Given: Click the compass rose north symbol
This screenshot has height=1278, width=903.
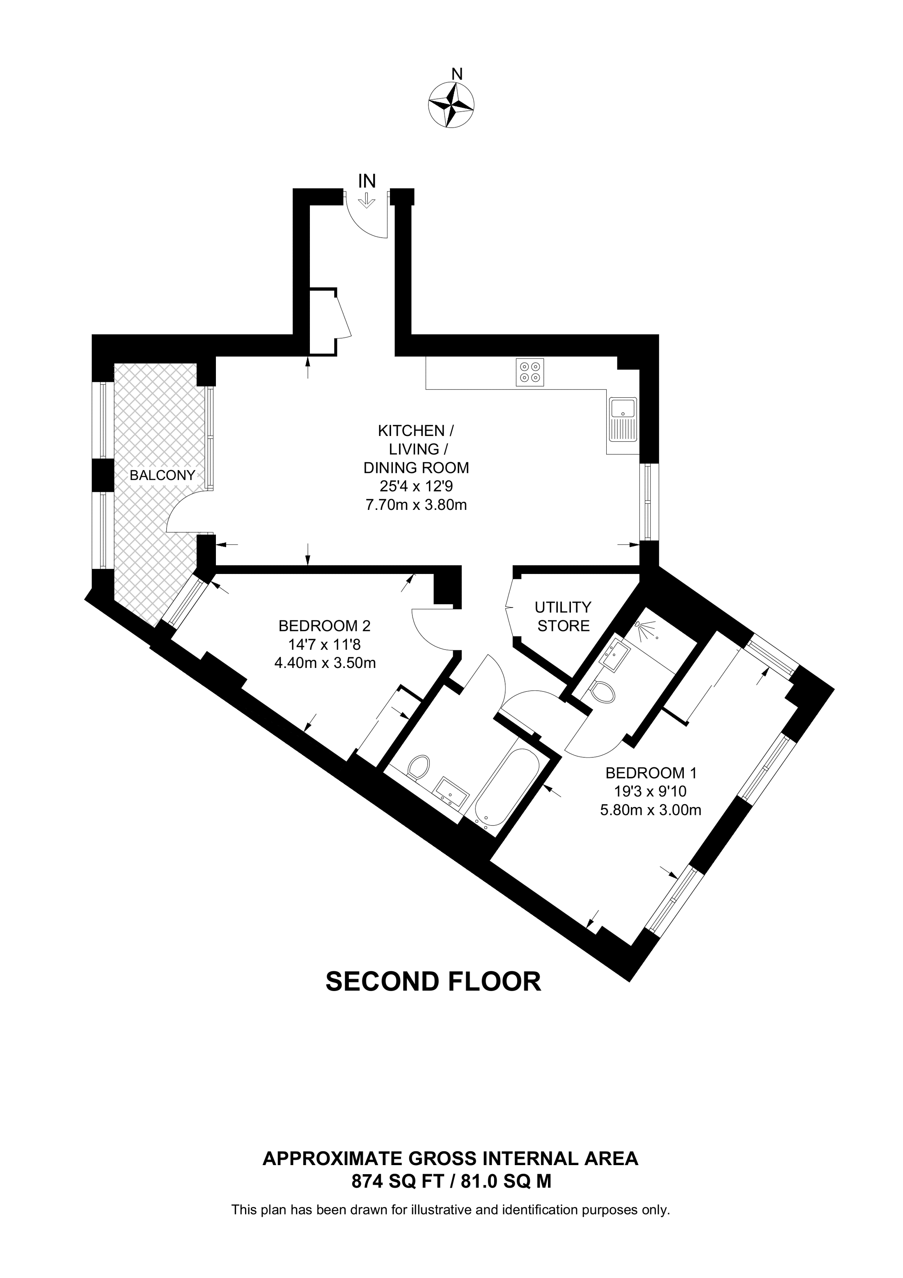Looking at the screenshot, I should [x=451, y=103].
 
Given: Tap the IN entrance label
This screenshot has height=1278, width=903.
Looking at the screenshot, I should [x=367, y=181].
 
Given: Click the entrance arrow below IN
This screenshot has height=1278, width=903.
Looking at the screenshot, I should [x=366, y=200].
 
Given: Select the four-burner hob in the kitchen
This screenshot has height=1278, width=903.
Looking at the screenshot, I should [x=529, y=372].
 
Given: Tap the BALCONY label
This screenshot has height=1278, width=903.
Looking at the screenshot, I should [x=162, y=475].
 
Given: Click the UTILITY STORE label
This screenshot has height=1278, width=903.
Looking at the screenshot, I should [x=563, y=616].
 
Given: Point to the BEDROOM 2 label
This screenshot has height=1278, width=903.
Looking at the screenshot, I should [x=324, y=626].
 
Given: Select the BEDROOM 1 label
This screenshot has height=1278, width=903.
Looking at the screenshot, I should [x=651, y=773].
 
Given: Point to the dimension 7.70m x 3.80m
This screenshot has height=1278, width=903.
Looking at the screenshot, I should [x=416, y=505].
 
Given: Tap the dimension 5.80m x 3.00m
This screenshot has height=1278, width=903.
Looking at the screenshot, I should [x=651, y=810].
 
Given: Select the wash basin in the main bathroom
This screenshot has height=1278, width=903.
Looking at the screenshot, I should [x=452, y=793].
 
